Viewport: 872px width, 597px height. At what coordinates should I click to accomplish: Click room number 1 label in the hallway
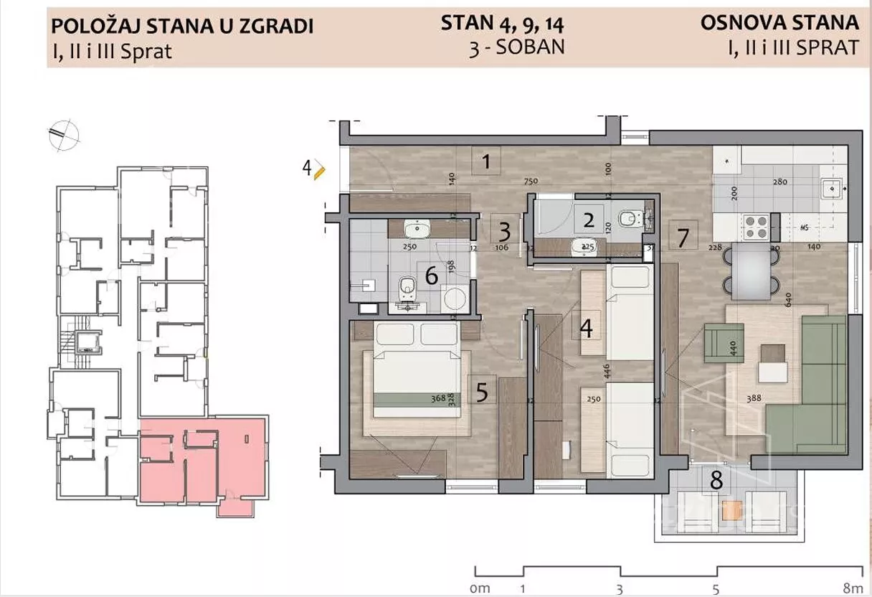pyautogui.click(x=486, y=161)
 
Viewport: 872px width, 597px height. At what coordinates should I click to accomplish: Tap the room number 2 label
pyautogui.click(x=589, y=220)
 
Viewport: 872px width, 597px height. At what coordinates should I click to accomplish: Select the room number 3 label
pyautogui.click(x=505, y=231)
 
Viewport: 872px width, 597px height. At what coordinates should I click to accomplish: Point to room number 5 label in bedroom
pyautogui.click(x=482, y=392)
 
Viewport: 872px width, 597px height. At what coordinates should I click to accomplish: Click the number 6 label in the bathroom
pyautogui.click(x=432, y=276)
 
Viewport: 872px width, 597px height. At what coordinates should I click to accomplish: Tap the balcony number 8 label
pyautogui.click(x=716, y=479)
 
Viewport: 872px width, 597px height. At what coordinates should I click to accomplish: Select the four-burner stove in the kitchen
pyautogui.click(x=755, y=227)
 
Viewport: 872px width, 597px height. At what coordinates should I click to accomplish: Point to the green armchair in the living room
pyautogui.click(x=723, y=342)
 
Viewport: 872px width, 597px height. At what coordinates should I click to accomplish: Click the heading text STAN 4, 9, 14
pyautogui.click(x=502, y=23)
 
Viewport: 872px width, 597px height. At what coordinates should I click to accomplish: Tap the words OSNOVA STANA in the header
pyautogui.click(x=779, y=22)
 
